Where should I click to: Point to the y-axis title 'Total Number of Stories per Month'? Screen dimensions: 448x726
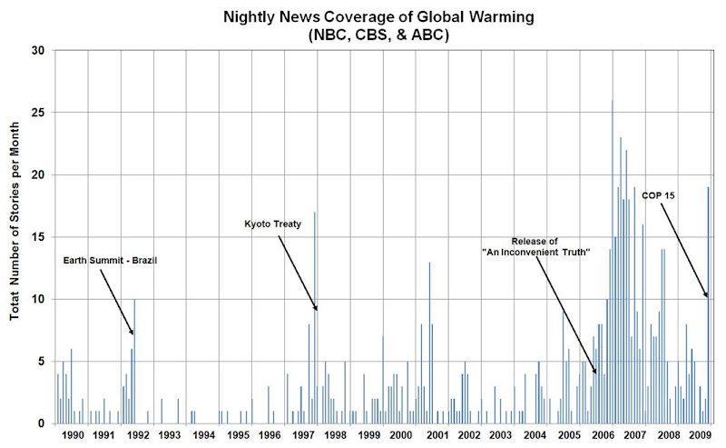coord(16,236)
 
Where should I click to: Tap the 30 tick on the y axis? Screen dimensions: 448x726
coord(39,50)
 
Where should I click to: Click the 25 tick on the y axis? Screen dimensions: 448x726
coord(39,113)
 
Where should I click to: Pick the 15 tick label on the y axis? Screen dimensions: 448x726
coord(39,237)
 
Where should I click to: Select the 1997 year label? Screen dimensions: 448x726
coord(303,436)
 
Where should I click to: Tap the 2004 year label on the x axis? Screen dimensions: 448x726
coord(535,436)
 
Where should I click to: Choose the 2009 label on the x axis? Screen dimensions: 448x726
coord(700,436)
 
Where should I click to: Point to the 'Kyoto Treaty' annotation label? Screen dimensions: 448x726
coord(272,224)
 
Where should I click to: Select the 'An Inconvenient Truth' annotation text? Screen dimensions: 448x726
coord(536,247)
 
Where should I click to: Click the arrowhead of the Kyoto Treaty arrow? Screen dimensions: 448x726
coord(316,309)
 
